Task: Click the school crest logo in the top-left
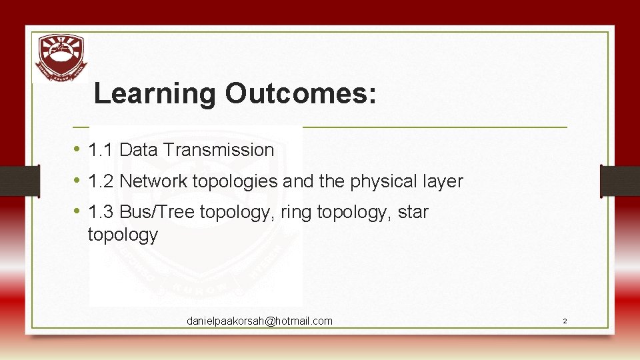point(61,57)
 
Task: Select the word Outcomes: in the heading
point(301,94)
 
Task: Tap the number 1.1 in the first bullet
point(101,150)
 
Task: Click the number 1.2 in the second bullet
point(101,181)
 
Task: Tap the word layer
point(444,181)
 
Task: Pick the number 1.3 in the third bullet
point(101,213)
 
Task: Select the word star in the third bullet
point(413,213)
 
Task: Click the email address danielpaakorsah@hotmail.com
point(259,321)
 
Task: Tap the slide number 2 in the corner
point(565,321)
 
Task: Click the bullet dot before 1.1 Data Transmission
point(77,149)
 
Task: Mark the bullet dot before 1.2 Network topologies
point(77,181)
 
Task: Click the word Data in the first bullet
point(139,150)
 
